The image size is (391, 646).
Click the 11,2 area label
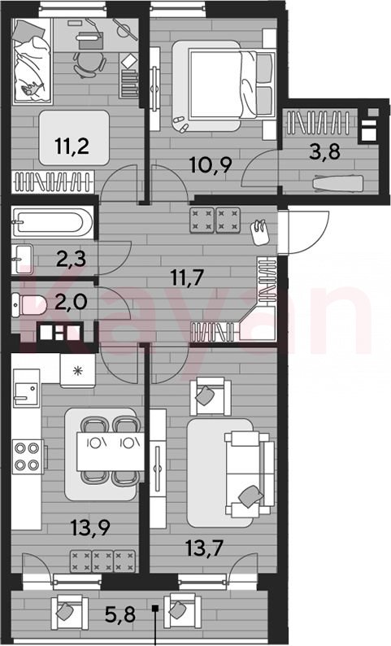click(x=72, y=146)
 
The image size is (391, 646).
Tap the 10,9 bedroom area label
click(x=211, y=165)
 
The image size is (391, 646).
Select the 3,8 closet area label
click(x=325, y=151)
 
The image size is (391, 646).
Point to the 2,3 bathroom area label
click(x=71, y=260)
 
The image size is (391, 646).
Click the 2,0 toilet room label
click(x=71, y=302)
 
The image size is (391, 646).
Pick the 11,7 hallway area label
click(x=187, y=277)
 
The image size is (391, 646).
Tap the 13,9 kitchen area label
click(x=90, y=528)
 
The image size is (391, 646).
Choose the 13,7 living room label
click(x=204, y=548)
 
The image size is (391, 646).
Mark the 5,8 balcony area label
click(x=120, y=615)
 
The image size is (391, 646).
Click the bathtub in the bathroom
click(x=53, y=222)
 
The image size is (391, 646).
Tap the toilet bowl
click(x=24, y=304)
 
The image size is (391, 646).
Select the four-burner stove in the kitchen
click(x=28, y=457)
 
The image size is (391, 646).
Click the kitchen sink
click(x=26, y=387)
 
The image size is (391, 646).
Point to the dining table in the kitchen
click(x=111, y=451)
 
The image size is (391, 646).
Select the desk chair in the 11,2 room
click(x=89, y=63)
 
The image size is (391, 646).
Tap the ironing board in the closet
click(x=339, y=183)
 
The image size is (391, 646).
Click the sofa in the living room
click(x=249, y=474)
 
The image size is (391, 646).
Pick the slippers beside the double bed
click(x=180, y=123)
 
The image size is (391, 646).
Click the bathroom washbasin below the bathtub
click(x=22, y=260)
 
